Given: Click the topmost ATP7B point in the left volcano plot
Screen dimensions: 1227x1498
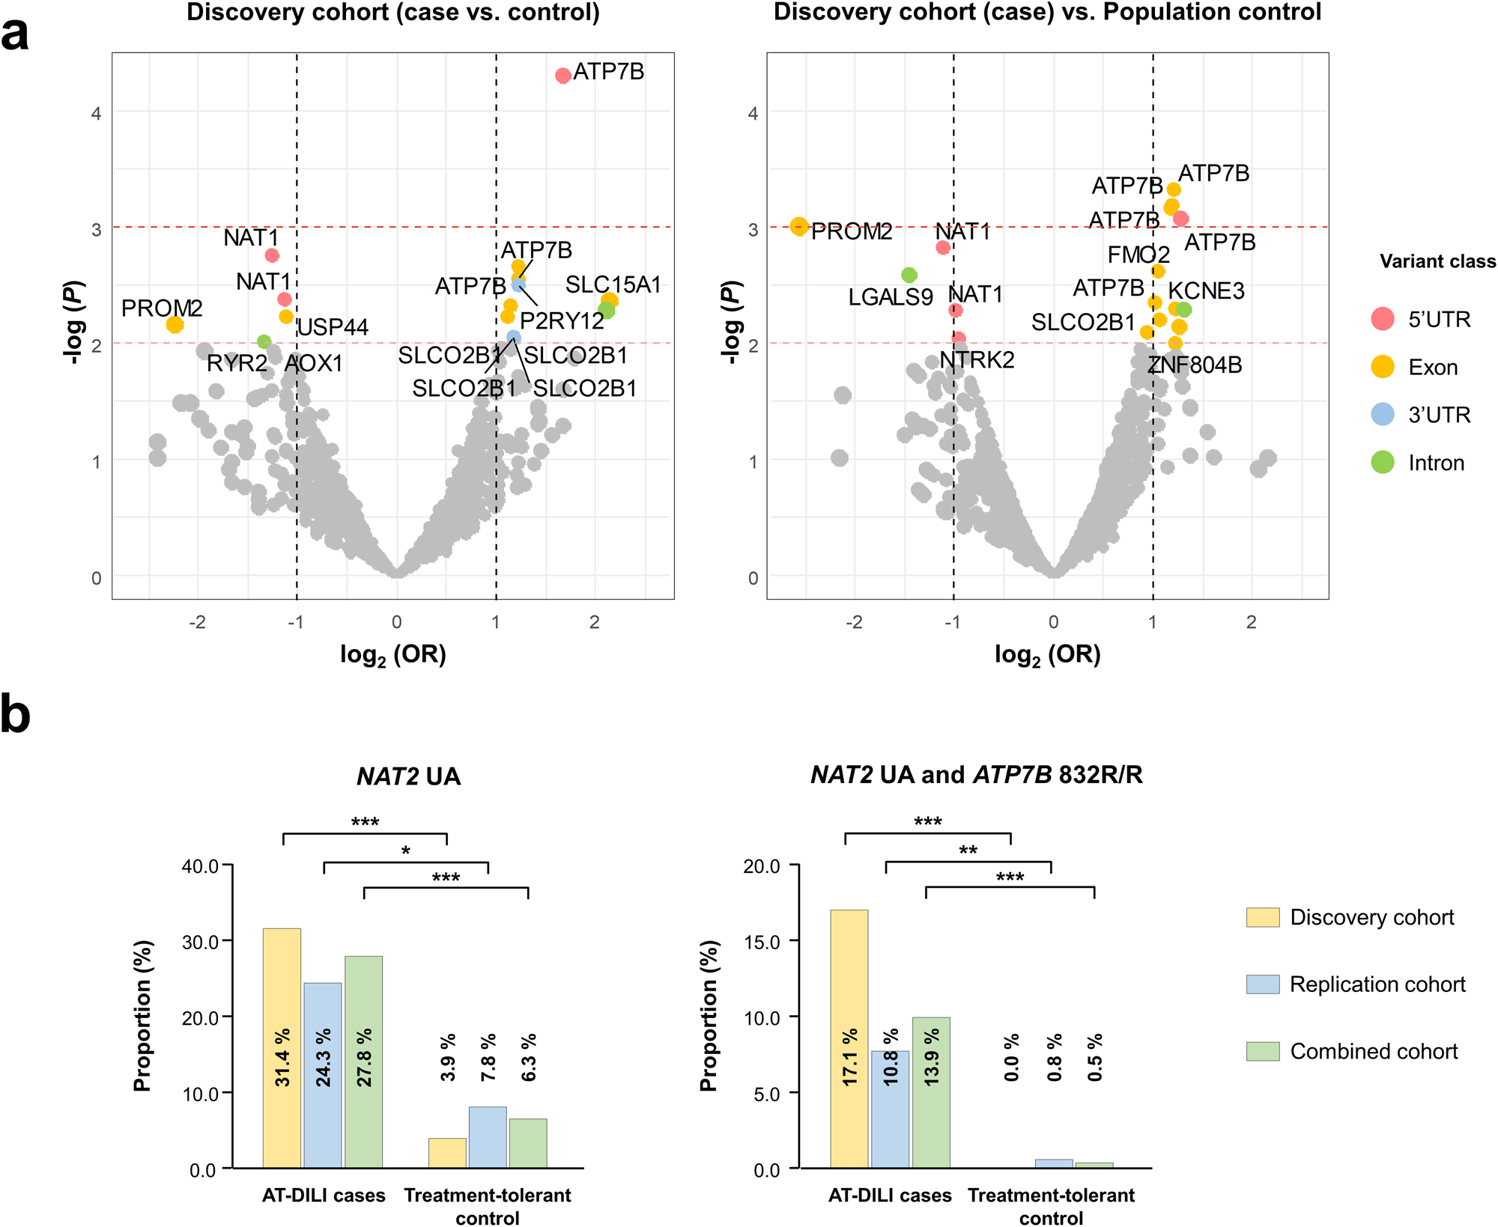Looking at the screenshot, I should pos(563,75).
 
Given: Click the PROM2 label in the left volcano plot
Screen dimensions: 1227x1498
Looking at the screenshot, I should pos(162,308).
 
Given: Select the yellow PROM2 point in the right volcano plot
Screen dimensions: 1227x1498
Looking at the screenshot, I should pos(799,226).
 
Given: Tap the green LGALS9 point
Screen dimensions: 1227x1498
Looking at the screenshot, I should pos(909,275).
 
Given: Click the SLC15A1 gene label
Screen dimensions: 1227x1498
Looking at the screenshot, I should pos(613,284).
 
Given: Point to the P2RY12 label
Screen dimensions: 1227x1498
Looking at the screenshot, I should pos(562,320).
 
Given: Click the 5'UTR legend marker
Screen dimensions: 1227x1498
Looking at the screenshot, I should pos(1383,319).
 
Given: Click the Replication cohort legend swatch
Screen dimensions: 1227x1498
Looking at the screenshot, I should pos(1263,984).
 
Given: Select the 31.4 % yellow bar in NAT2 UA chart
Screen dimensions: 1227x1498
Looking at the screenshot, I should pos(282,1048).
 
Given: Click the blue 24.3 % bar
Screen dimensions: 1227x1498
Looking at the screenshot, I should pos(323,1075).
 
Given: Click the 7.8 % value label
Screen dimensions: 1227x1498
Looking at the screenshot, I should pos(488,1057).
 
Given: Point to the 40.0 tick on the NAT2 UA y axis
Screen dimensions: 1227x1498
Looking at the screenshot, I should pos(200,866).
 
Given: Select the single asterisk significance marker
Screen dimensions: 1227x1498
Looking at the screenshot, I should pos(405,851).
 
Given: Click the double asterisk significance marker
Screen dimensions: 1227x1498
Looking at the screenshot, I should pos(968,850).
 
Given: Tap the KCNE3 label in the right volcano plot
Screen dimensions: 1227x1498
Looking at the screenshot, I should pos(1206,290).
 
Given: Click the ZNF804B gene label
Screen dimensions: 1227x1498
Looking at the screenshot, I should pos(1195,365).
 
